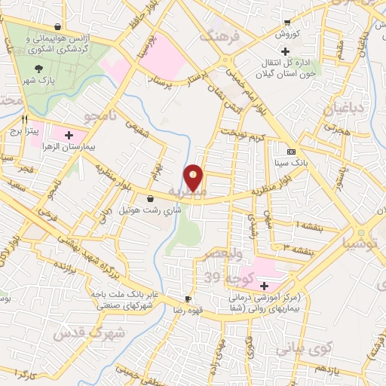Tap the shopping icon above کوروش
click(287, 22)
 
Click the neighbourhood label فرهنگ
click(218, 34)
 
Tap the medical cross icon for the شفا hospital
click(264, 286)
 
